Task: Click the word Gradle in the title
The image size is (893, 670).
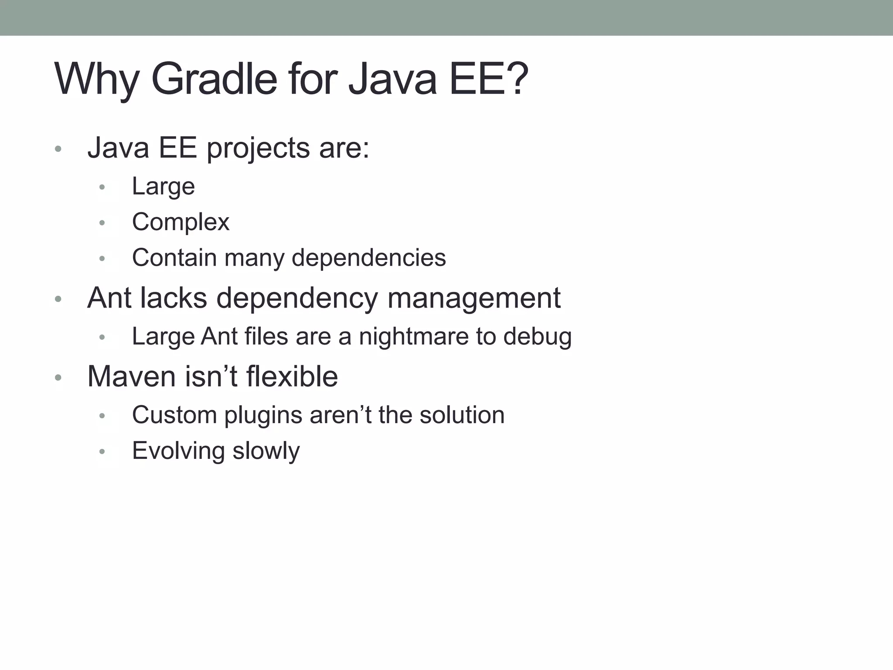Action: click(214, 79)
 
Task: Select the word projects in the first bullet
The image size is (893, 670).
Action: click(258, 149)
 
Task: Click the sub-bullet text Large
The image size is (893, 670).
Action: click(163, 187)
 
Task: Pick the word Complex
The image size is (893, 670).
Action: click(181, 222)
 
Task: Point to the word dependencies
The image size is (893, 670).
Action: click(368, 258)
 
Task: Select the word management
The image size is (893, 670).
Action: click(474, 298)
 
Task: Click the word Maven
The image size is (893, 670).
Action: click(131, 376)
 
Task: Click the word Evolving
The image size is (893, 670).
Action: click(178, 451)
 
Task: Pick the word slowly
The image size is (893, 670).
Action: click(266, 451)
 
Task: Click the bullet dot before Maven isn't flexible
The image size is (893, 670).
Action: click(58, 378)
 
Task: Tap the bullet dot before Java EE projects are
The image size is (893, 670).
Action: click(58, 150)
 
